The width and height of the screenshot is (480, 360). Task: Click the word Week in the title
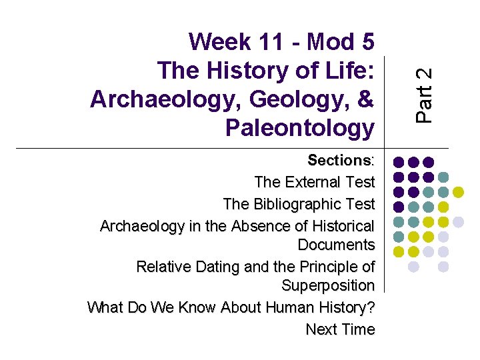219,42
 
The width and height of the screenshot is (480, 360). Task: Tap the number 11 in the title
273,42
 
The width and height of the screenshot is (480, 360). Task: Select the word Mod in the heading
328,42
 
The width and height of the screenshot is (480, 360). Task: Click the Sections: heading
341,161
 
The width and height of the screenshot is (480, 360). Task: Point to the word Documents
336,245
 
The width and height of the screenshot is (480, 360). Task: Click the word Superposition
328,285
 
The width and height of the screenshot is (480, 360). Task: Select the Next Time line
340,329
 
